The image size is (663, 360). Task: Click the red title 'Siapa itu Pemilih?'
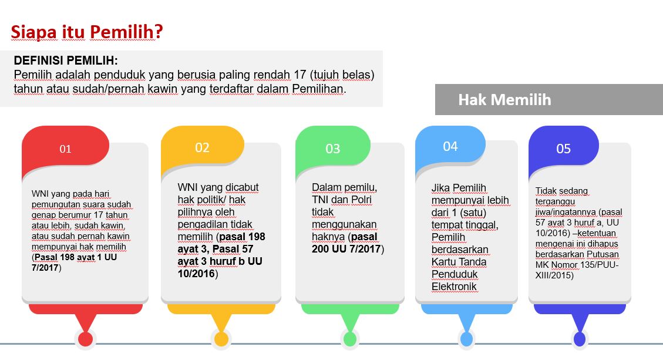point(87,32)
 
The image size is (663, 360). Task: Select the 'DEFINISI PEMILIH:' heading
point(66,60)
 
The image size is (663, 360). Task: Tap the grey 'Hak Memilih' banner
point(549,99)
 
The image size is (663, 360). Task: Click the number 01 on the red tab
point(65,149)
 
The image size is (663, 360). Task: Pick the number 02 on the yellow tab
point(202,147)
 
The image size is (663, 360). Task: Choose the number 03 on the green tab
point(333,149)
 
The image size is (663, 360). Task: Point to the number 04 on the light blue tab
point(450,146)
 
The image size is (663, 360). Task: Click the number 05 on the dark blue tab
point(563,149)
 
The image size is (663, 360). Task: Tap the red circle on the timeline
point(85,339)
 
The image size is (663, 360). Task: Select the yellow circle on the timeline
point(221,339)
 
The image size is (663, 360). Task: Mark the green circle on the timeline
point(349,339)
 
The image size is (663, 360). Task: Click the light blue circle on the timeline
point(466,339)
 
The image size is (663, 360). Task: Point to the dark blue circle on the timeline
point(579,339)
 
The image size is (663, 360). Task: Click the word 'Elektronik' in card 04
point(454,287)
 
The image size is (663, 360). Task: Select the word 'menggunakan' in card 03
point(344,224)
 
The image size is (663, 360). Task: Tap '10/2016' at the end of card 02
point(196,274)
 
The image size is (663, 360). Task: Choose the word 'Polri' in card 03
point(361,200)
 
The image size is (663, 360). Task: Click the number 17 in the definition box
point(299,75)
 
